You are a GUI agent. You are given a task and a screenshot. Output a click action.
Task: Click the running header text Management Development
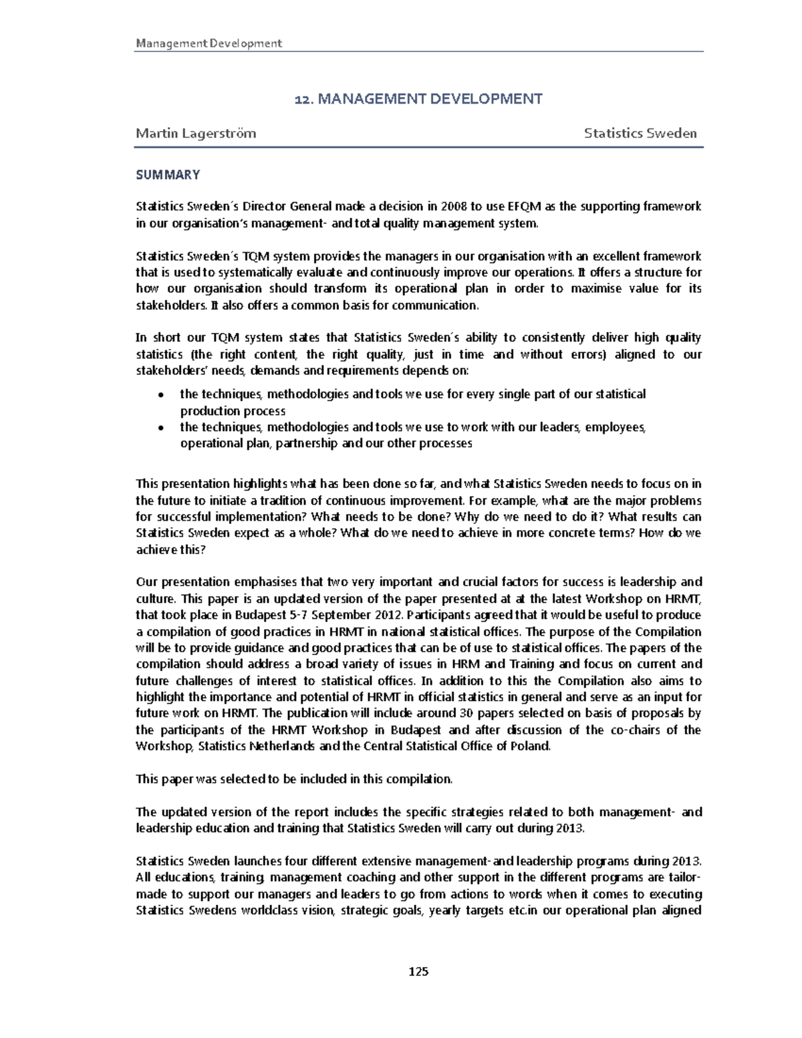point(209,43)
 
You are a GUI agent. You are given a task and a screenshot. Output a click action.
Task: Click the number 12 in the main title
point(303,100)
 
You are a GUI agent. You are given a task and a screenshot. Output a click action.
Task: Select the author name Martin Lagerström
point(195,133)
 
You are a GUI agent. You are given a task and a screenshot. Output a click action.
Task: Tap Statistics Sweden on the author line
point(640,133)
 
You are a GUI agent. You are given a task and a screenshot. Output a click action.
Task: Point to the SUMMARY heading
point(168,175)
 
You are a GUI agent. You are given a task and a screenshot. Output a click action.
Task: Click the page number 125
point(418,971)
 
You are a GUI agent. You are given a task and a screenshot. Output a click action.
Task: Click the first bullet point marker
point(160,395)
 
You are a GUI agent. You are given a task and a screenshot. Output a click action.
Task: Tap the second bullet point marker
point(160,428)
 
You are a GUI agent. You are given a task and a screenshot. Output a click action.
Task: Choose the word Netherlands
point(283,746)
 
